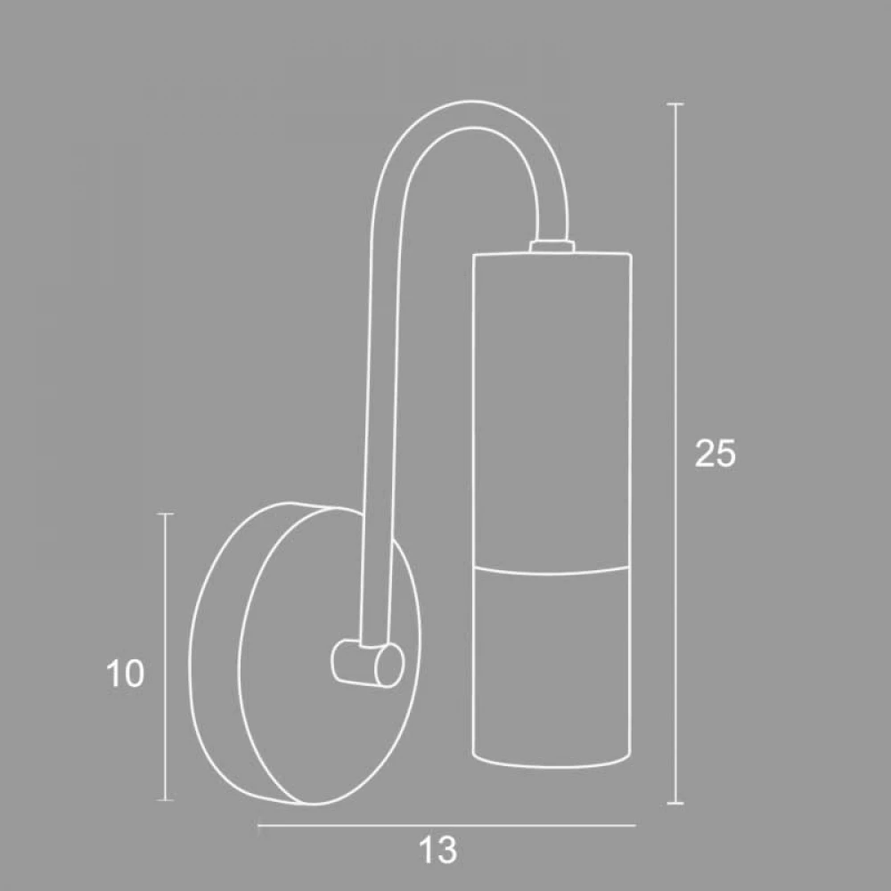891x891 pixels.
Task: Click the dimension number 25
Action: pos(715,454)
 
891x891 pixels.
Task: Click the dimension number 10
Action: pos(125,674)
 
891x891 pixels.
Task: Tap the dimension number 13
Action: pos(437,851)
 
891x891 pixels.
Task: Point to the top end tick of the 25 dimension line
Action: pos(674,104)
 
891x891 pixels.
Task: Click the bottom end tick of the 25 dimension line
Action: pos(674,804)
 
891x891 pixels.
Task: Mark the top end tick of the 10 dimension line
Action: pos(165,514)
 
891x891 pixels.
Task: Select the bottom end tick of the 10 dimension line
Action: pos(165,800)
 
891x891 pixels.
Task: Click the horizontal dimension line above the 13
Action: pos(446,825)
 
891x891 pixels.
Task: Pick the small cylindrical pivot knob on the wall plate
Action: pos(367,663)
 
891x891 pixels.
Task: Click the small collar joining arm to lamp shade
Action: pos(552,246)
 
